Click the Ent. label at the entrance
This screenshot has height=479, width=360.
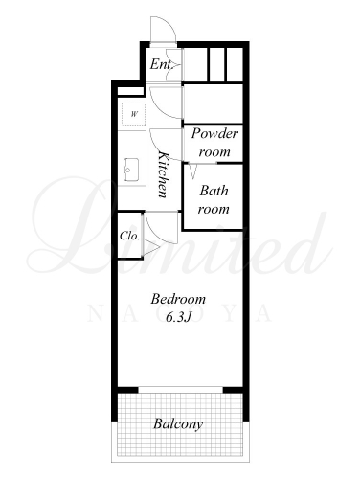tap(161, 64)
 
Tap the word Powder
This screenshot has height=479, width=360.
tap(214, 133)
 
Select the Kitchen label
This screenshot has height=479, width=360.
tap(164, 175)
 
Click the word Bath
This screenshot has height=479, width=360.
tap(214, 191)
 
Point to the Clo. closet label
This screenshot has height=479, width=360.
tap(129, 236)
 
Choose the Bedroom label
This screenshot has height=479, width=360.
tap(178, 299)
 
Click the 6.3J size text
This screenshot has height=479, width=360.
tap(178, 317)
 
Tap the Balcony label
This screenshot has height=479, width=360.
tap(178, 424)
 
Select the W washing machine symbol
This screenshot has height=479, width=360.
tap(134, 114)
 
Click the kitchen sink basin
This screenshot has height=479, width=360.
tap(131, 170)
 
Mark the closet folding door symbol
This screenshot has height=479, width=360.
tap(150, 248)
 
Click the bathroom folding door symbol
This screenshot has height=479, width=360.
tap(193, 171)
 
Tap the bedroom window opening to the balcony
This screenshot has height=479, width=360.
tap(180, 390)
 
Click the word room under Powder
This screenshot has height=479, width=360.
tap(214, 151)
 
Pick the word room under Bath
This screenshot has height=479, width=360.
tap(214, 209)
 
